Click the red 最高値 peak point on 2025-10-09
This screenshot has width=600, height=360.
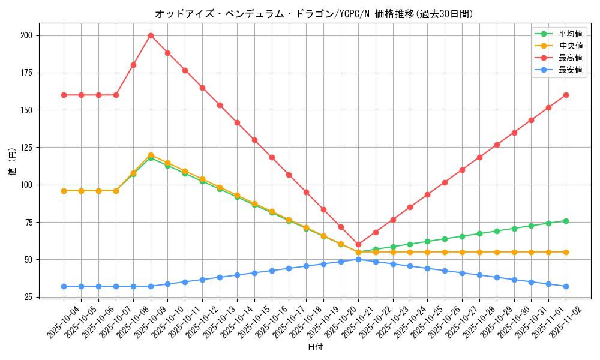click(x=151, y=35)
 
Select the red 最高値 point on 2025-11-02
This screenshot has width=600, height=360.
click(x=566, y=95)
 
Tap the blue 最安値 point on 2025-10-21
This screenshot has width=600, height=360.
click(x=358, y=259)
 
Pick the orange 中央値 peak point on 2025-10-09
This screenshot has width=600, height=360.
click(x=151, y=155)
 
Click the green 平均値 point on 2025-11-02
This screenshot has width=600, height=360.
click(x=566, y=221)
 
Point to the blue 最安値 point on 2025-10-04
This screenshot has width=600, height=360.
click(x=64, y=286)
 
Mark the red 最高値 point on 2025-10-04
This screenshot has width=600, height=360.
click(x=64, y=95)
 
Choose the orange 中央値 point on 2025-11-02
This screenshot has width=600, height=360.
click(x=566, y=252)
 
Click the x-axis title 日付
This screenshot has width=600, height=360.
click(x=315, y=347)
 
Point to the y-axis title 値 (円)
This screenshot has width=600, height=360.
click(x=13, y=161)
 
